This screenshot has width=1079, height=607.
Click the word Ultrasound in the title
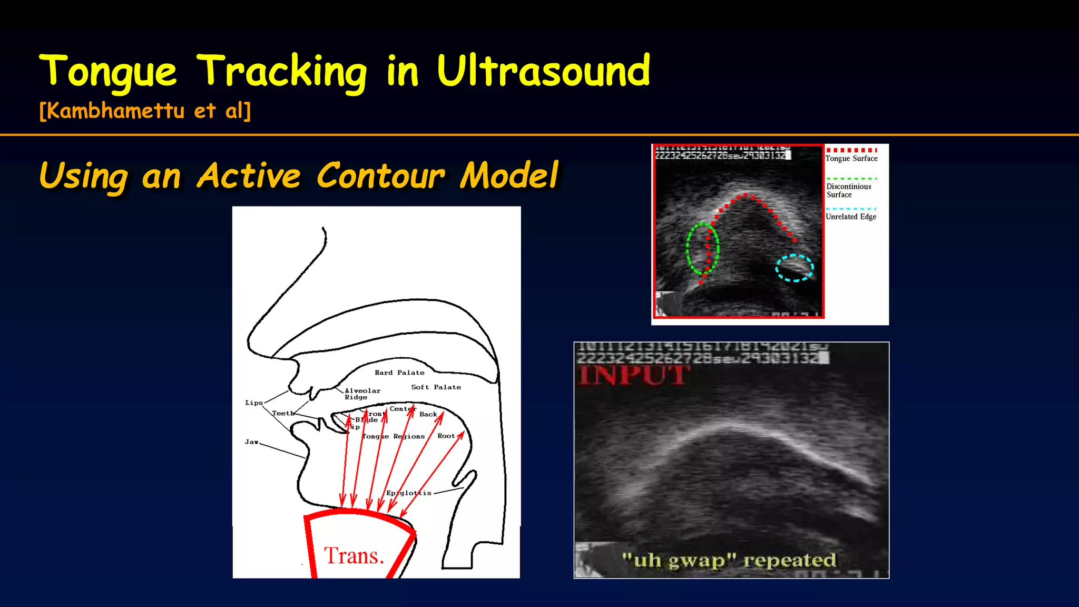[543, 71]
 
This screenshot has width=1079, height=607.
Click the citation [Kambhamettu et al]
[145, 111]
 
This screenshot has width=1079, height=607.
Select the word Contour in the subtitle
[381, 175]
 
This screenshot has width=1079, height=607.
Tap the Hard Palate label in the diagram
[399, 373]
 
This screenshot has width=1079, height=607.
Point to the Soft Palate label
[436, 387]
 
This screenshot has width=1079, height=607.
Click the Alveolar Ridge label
[362, 394]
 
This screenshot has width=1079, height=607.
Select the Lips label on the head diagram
[253, 403]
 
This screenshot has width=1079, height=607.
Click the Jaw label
[251, 442]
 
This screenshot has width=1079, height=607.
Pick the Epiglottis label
[409, 493]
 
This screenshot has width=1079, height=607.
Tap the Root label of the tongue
[446, 436]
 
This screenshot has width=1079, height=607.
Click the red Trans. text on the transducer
[354, 556]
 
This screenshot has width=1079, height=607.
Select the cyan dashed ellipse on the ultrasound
[794, 268]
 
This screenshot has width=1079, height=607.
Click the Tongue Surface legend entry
[851, 158]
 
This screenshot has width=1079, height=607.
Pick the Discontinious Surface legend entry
[848, 190]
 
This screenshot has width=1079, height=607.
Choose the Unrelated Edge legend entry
[851, 217]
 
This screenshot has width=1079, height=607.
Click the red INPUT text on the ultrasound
[633, 376]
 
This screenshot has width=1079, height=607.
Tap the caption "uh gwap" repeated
[729, 560]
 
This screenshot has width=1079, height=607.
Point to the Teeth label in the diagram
[283, 413]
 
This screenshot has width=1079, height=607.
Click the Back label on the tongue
[428, 414]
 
